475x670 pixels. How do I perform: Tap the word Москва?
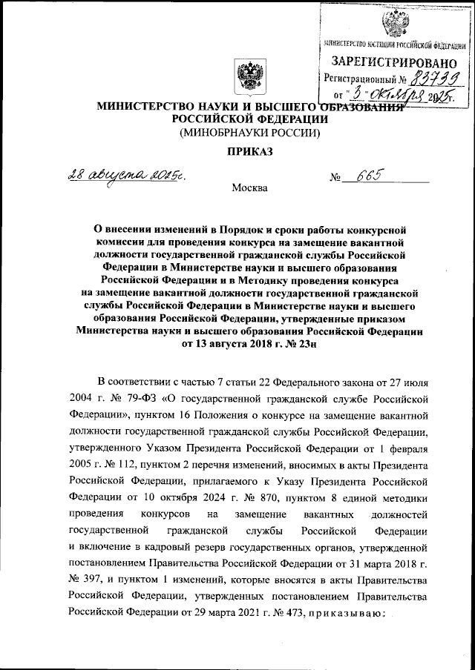click(x=249, y=188)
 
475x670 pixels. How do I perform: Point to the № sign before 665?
click(x=337, y=179)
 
